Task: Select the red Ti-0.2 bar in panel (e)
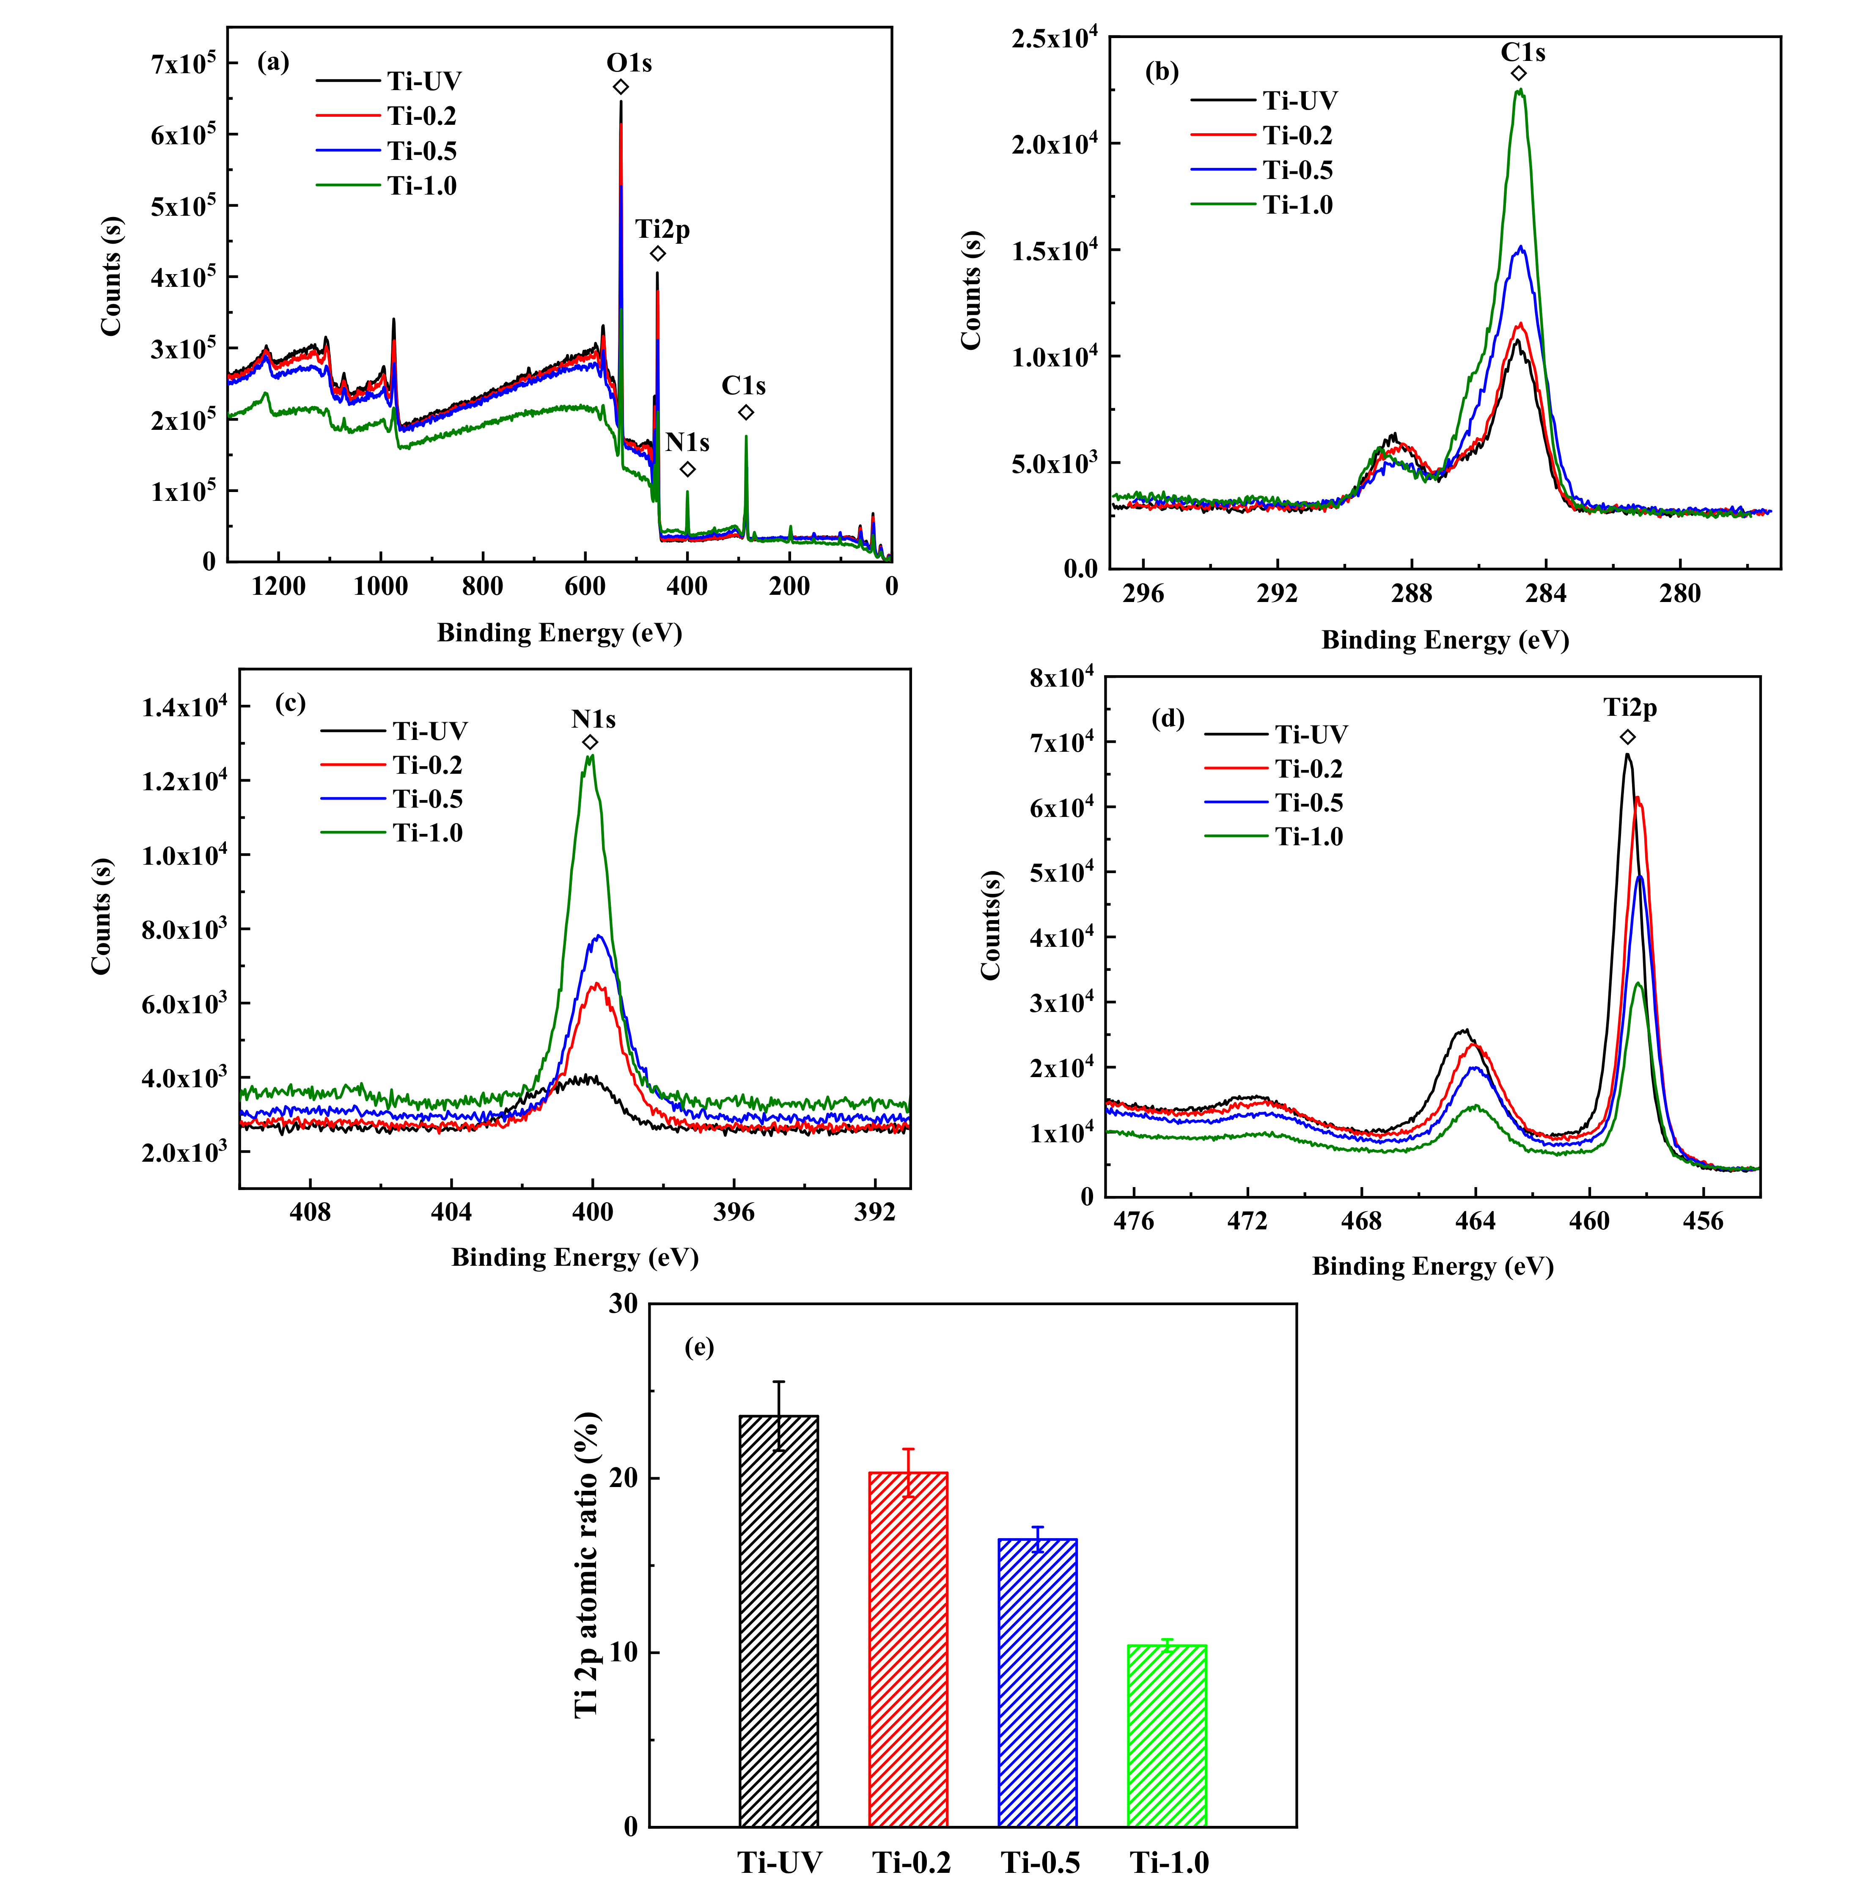pyautogui.click(x=907, y=1649)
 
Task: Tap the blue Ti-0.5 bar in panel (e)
pyautogui.click(x=1037, y=1683)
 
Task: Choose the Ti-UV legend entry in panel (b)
pyautogui.click(x=1300, y=100)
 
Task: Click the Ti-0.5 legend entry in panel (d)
pyautogui.click(x=1308, y=803)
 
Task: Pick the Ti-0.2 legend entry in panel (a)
pyautogui.click(x=421, y=116)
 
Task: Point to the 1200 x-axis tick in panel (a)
pyautogui.click(x=278, y=587)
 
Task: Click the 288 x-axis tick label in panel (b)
pyautogui.click(x=1411, y=594)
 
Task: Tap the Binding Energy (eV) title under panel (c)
pyautogui.click(x=575, y=1258)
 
